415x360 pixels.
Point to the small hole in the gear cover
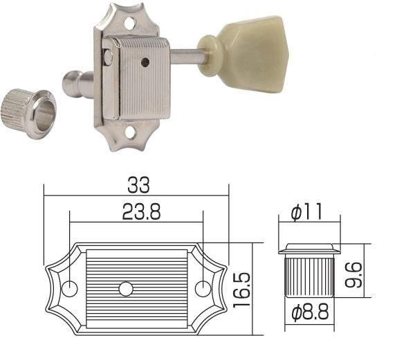[145, 63]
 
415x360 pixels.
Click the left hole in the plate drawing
[71, 287]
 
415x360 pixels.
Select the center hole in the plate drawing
[125, 287]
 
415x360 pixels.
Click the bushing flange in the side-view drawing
[308, 248]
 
